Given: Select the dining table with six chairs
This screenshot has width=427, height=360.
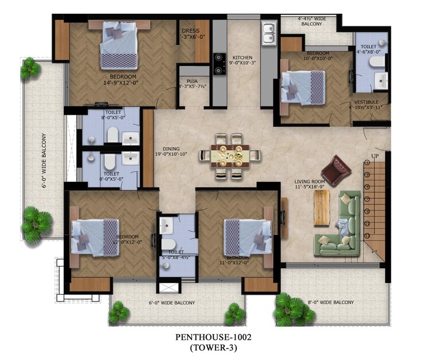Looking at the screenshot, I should [230, 155].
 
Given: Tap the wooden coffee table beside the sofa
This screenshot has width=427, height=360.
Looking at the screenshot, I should [320, 208].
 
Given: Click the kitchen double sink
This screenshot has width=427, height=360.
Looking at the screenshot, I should [268, 34].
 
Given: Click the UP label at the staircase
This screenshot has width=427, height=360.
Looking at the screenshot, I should [375, 155].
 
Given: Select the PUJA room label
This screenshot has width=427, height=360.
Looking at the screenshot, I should [193, 83].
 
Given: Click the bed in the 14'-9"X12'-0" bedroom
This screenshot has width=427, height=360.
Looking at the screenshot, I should [119, 46].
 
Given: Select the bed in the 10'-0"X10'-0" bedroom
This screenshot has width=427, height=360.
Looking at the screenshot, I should [304, 86].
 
